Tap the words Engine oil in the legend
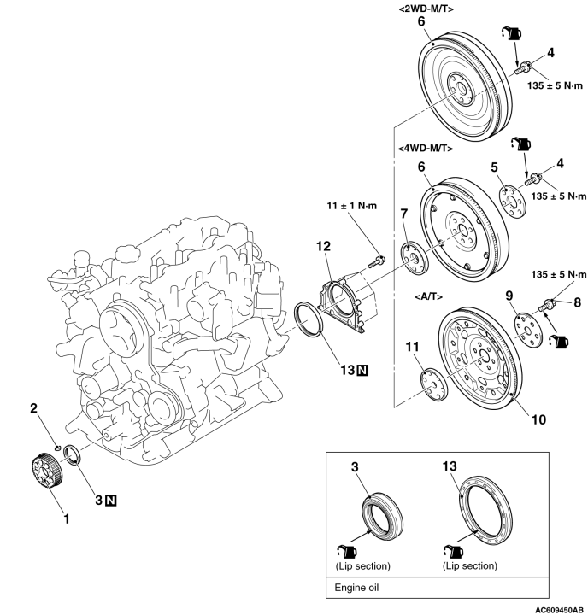click(356, 587)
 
